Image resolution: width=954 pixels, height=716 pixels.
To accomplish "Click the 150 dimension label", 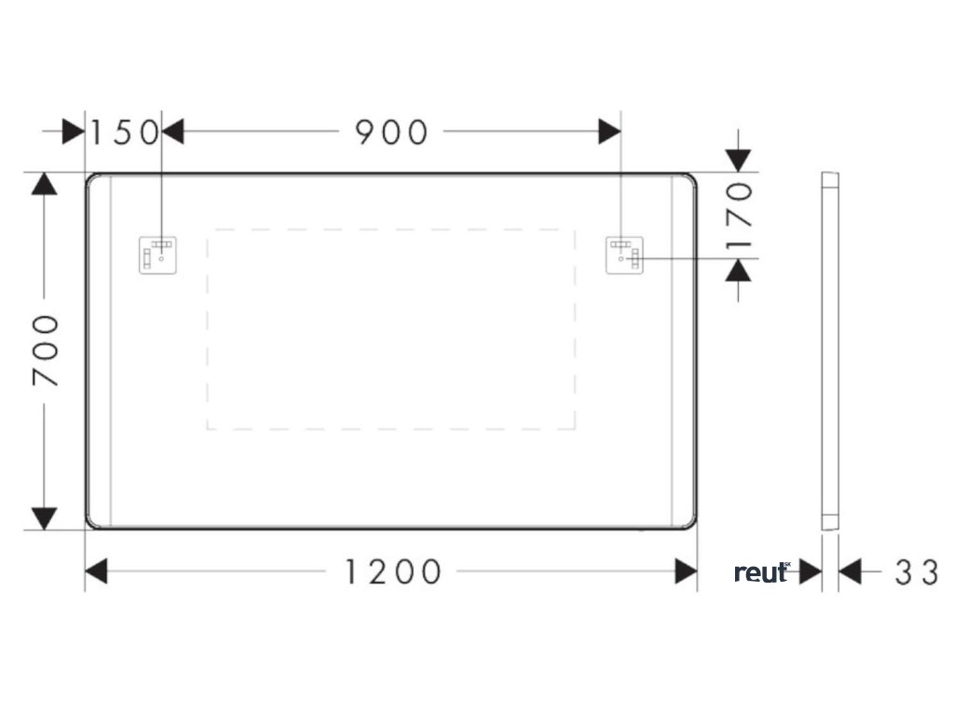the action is click(x=124, y=132).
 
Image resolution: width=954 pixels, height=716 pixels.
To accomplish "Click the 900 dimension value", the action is click(x=391, y=132).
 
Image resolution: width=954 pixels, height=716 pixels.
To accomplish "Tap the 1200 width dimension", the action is click(x=392, y=571).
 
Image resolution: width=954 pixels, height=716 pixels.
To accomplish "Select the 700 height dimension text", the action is click(x=45, y=350).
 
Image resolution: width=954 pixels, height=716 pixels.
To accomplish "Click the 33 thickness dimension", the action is click(x=917, y=572).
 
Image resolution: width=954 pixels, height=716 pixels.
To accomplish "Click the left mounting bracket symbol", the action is click(x=158, y=255).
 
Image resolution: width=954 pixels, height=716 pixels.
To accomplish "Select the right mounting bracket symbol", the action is click(x=623, y=255).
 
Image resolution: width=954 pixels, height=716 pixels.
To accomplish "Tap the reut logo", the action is click(x=762, y=572).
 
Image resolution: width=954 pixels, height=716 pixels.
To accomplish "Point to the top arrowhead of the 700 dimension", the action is click(x=44, y=185).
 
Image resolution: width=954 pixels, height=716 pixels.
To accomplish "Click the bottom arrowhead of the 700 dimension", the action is click(x=44, y=518).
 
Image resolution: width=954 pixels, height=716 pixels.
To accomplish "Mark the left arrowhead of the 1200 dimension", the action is click(x=97, y=571).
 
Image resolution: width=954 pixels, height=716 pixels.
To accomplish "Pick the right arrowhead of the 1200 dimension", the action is click(x=686, y=571).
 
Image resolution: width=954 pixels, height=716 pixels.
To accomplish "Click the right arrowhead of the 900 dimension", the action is click(x=609, y=131).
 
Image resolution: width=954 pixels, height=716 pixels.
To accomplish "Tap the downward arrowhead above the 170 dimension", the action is click(x=738, y=160).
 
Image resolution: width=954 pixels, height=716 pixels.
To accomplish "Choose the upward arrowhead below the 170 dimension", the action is click(x=738, y=270).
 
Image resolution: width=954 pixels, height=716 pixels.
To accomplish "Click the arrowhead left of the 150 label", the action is click(x=74, y=131).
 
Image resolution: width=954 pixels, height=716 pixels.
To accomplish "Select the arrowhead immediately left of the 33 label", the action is click(x=851, y=572).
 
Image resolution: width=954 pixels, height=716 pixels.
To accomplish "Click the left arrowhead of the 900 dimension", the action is click(x=173, y=131).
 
